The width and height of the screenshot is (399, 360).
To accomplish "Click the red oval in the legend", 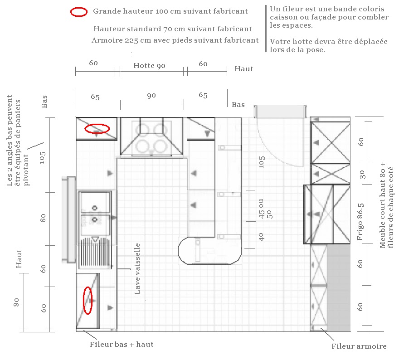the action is (x=79, y=12).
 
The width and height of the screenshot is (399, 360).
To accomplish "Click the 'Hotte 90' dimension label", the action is (x=149, y=66).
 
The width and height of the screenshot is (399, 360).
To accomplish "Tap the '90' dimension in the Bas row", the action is (x=151, y=96).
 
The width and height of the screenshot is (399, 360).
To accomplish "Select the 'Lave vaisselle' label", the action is (x=137, y=269).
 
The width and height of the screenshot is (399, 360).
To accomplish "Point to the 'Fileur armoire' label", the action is (x=359, y=346).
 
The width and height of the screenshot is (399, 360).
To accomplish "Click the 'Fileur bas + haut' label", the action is (x=122, y=345).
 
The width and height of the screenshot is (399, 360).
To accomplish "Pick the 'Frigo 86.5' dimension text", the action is (x=360, y=222).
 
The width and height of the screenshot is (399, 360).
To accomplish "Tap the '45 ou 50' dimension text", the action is (x=265, y=209).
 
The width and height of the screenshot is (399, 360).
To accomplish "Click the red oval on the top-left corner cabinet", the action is (x=97, y=129).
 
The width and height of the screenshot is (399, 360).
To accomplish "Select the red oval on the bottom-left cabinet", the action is (x=88, y=301).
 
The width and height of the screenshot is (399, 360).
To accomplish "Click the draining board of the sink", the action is (x=95, y=252).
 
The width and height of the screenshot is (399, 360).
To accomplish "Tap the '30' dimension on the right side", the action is (x=362, y=174).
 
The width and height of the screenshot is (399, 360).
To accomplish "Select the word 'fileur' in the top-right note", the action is (x=291, y=9).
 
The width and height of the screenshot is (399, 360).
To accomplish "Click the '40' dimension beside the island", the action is (x=261, y=237).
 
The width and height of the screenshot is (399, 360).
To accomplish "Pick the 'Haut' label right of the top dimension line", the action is (x=244, y=69).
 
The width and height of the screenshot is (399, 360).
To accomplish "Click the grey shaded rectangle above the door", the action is (x=280, y=112).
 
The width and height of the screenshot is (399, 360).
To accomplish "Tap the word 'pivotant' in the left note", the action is (x=26, y=170).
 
